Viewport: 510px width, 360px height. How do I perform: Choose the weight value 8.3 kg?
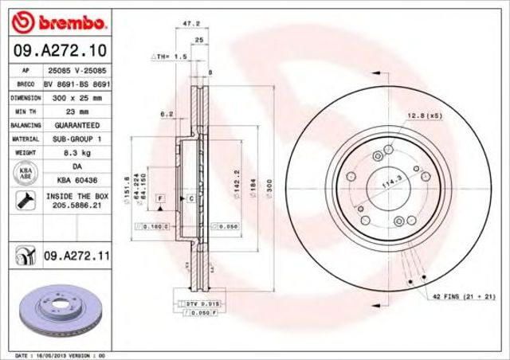76,153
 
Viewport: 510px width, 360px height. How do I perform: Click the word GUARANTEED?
76,126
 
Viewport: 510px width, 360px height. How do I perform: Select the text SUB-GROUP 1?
76,139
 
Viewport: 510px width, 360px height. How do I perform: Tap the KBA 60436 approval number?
76,180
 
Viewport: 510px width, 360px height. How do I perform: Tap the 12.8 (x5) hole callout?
424,116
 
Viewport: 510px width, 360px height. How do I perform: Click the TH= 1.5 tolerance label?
169,58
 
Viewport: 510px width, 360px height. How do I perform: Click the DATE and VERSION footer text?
60,354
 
